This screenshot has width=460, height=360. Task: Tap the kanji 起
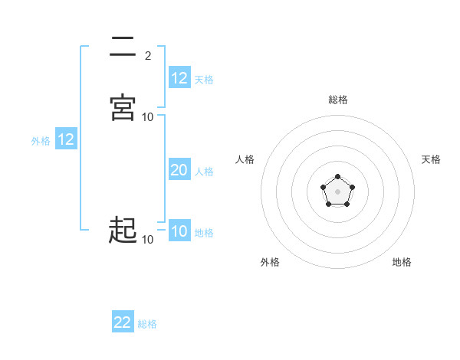[123, 230]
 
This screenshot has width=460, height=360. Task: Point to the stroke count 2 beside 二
[148, 55]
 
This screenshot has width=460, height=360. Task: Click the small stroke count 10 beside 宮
[148, 116]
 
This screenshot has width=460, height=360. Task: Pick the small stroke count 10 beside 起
[148, 239]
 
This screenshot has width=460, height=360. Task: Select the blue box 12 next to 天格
[179, 78]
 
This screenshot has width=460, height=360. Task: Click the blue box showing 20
[179, 170]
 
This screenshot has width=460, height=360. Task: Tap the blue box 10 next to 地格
[179, 231]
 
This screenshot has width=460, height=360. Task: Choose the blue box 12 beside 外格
[66, 140]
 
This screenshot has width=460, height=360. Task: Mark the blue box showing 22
[123, 322]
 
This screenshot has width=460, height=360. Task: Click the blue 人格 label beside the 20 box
[205, 172]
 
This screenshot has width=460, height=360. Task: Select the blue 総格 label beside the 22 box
[147, 324]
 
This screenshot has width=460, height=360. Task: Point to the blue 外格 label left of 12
[41, 141]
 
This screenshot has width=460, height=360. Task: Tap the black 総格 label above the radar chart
[337, 100]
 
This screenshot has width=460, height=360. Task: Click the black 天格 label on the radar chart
[431, 159]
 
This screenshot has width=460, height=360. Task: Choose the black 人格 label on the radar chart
[245, 159]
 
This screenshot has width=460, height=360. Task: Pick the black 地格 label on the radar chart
[402, 262]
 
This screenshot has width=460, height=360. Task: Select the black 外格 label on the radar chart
[270, 262]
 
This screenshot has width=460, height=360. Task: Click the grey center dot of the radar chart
[337, 190]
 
